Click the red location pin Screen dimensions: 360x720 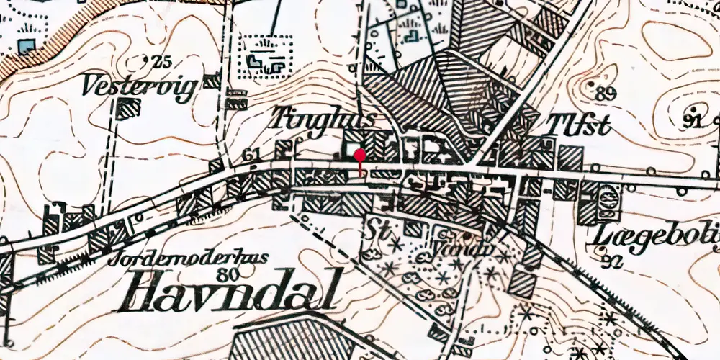359,156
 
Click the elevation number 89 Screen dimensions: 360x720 606,92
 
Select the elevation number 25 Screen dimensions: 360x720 162,62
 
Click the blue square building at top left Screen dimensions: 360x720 27,47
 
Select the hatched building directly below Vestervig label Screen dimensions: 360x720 127,109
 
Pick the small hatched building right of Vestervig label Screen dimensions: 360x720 210,81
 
